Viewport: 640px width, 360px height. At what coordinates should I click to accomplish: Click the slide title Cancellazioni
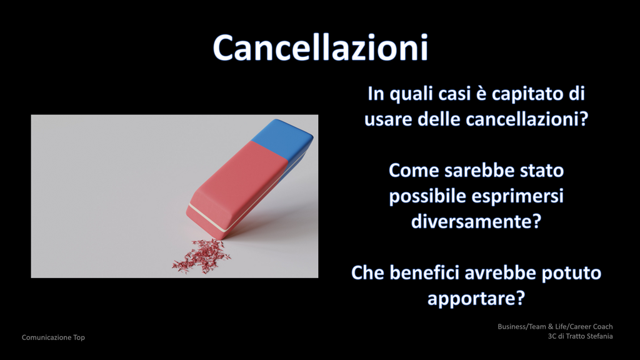(x=321, y=47)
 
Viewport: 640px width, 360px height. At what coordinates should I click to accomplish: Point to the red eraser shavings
(x=201, y=256)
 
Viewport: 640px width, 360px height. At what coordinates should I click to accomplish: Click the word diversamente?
(x=476, y=222)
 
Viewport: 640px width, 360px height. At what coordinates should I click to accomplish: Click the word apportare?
(x=476, y=299)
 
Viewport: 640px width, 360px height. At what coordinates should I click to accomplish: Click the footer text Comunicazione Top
(x=53, y=337)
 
